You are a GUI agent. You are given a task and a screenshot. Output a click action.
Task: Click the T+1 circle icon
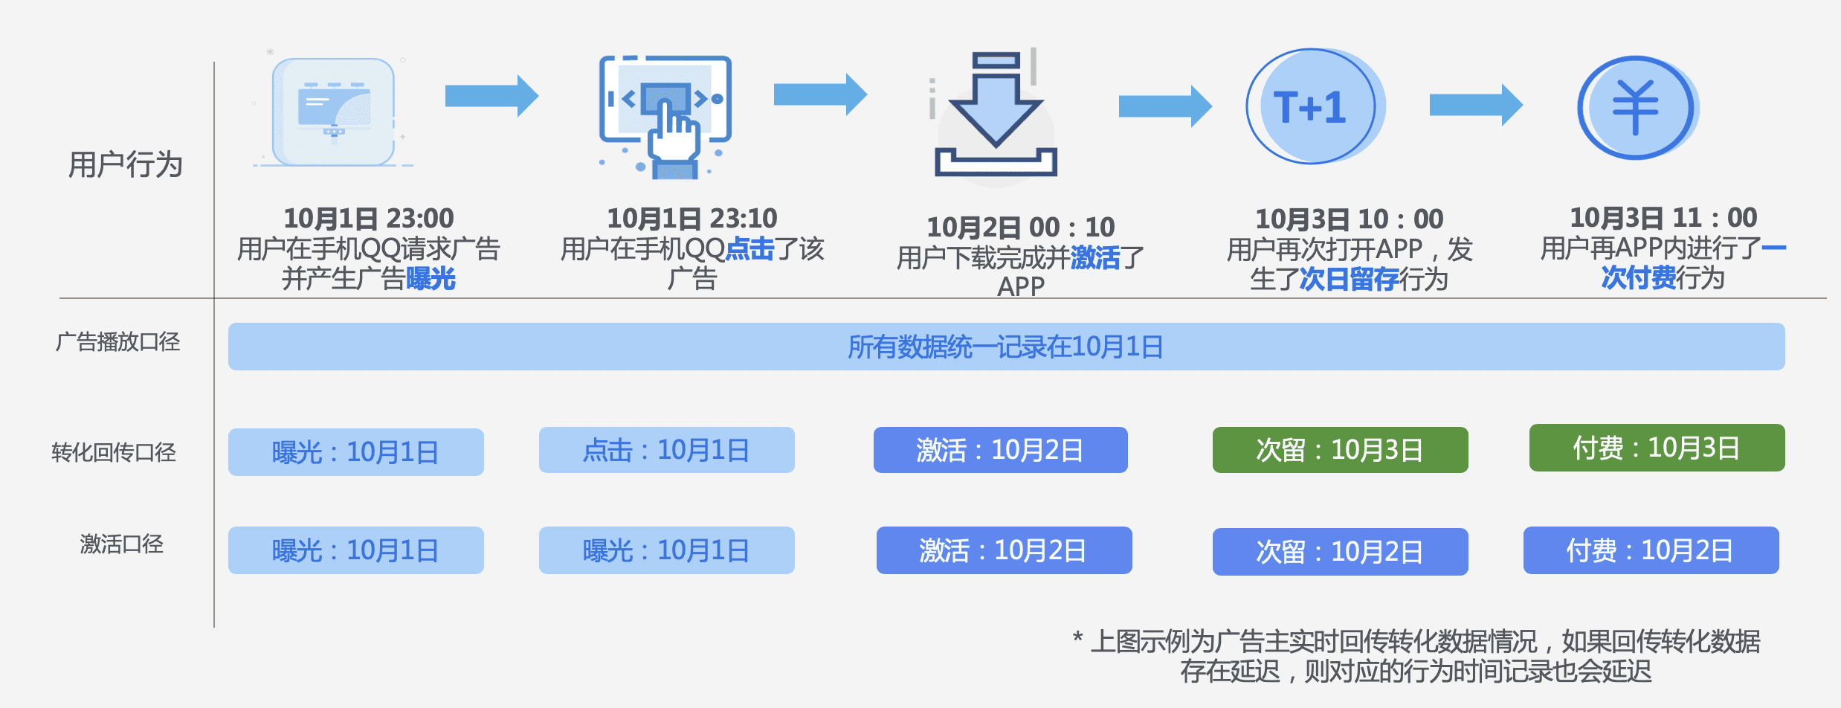pos(1312,106)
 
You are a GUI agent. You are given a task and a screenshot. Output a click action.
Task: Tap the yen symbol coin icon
pos(1636,108)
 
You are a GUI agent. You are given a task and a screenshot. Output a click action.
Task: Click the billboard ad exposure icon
pos(334,112)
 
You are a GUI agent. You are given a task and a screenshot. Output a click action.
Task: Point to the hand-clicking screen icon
pos(665,115)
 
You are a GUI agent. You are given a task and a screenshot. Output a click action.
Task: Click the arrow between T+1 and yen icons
pos(1475,105)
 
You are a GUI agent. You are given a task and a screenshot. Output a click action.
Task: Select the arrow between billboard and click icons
pos(491,96)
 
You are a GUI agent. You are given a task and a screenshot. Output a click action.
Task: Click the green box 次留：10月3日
pos(1340,450)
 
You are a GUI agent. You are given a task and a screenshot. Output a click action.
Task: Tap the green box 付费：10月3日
pos(1657,448)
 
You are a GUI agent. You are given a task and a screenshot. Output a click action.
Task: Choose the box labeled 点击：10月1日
pos(666,450)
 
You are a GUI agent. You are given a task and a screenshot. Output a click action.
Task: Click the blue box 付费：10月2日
pos(1651,550)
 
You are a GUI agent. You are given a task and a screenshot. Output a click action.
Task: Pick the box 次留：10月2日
pos(1340,552)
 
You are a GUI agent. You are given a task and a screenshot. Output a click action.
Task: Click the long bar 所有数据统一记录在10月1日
pos(1006,347)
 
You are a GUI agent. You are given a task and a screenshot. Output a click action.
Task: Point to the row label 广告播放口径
pos(118,342)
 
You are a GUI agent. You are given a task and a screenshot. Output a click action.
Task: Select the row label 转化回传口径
pos(114,452)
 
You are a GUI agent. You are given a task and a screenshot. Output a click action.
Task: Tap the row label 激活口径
pos(121,544)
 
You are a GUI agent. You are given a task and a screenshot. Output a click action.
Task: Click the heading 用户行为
pos(126,164)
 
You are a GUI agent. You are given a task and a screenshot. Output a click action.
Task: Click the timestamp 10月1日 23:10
pos(692,219)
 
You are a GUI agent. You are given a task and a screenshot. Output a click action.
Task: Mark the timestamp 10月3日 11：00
pos(1663,218)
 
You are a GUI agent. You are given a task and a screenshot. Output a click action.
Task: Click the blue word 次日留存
pos(1349,280)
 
